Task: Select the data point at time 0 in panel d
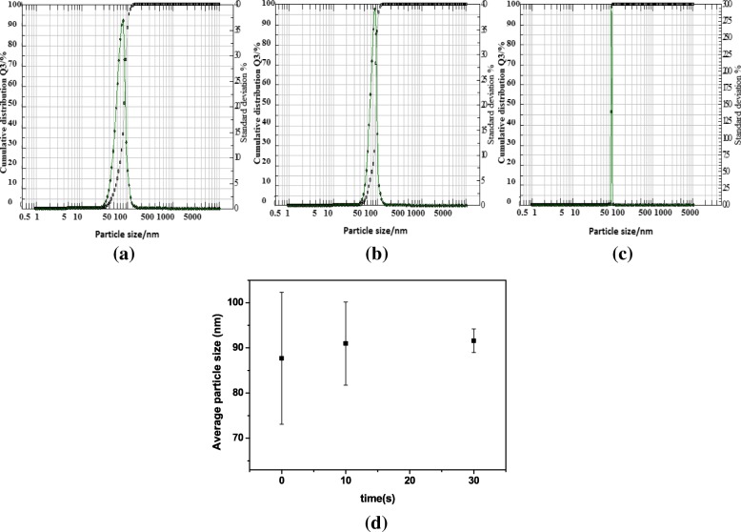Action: click(282, 358)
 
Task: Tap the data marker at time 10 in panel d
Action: click(346, 343)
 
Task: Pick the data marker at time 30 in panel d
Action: click(473, 340)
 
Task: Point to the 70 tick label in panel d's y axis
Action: click(233, 438)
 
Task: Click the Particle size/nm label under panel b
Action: click(374, 230)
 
